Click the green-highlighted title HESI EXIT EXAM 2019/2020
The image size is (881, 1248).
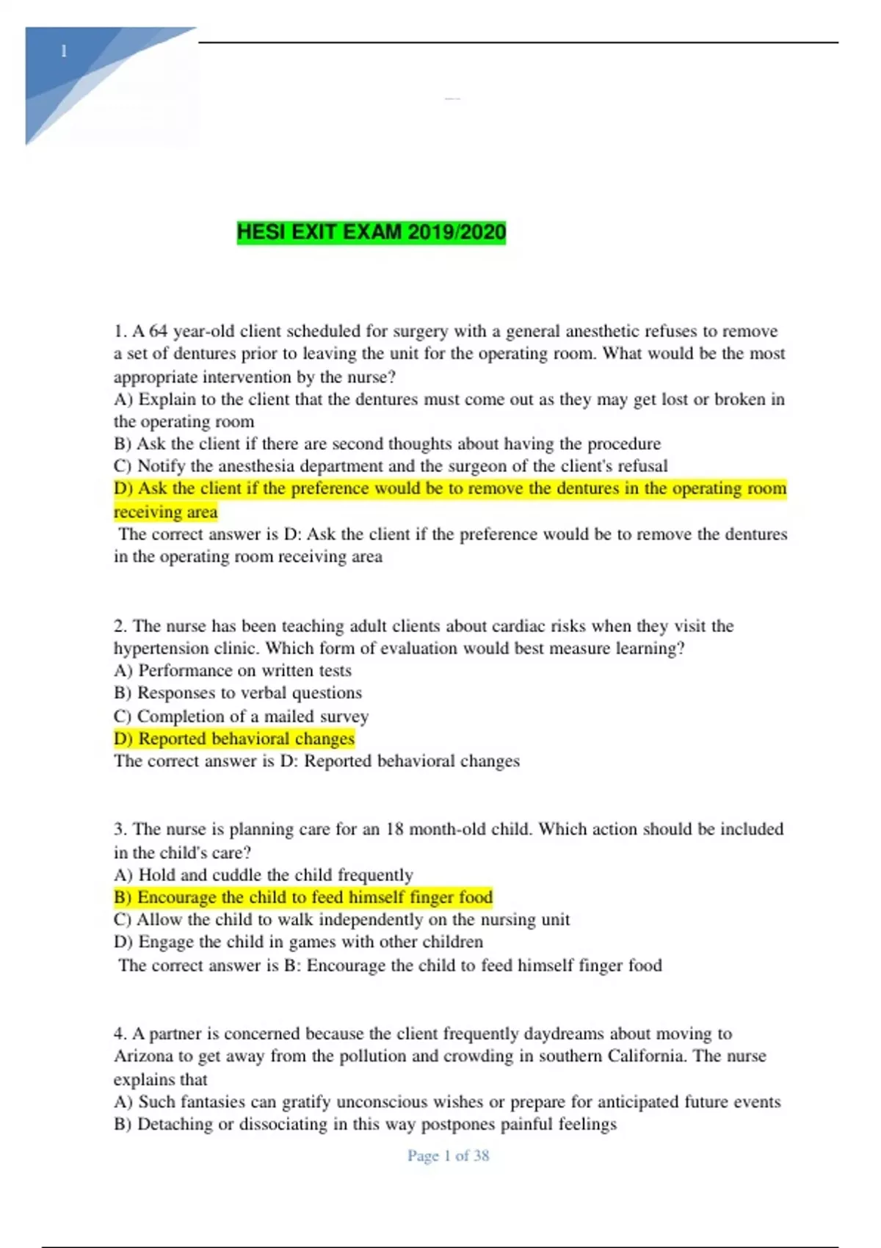pos(371,233)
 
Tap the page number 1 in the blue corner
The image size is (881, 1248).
pos(64,51)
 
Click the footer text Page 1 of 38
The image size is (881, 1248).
pos(448,1156)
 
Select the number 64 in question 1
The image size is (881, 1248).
pos(159,331)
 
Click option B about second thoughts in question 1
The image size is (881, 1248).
pos(388,444)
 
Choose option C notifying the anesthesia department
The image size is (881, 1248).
pos(391,466)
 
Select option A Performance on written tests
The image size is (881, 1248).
pos(233,671)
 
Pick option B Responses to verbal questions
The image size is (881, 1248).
pos(238,693)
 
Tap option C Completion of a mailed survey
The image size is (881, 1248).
pos(242,716)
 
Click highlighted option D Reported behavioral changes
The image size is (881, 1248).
pos(234,739)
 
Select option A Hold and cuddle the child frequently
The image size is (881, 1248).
pos(264,875)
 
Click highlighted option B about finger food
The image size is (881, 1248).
pos(303,898)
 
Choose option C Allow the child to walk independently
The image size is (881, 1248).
pos(342,920)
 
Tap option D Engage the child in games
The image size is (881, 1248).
pos(299,942)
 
